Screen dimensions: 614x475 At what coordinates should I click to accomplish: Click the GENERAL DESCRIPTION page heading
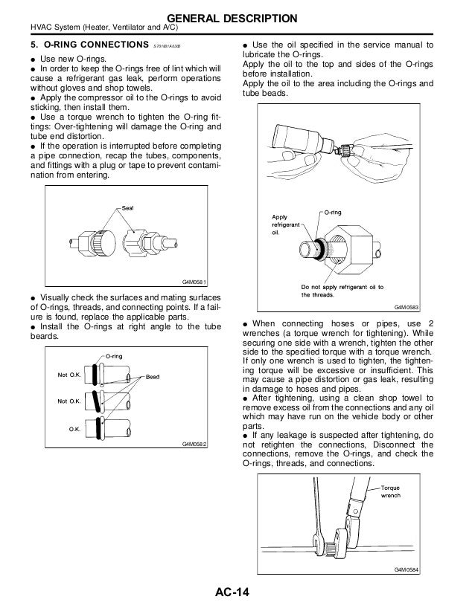(238, 17)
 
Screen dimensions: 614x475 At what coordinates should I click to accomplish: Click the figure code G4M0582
(195, 444)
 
